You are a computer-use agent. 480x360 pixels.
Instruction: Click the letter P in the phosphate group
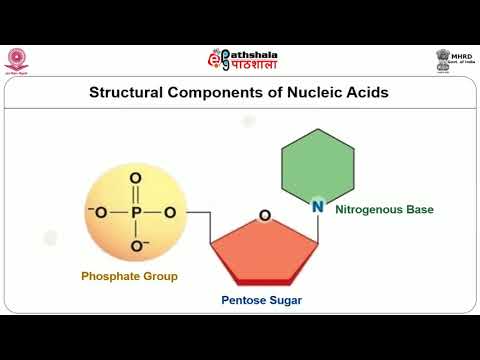pyautogui.click(x=135, y=212)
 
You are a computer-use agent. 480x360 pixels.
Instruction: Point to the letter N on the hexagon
pyautogui.click(x=317, y=207)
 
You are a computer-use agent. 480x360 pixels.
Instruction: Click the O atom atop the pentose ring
pyautogui.click(x=265, y=215)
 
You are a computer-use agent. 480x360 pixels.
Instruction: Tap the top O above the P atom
pyautogui.click(x=135, y=179)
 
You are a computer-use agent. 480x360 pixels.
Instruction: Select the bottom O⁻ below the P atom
pyautogui.click(x=138, y=246)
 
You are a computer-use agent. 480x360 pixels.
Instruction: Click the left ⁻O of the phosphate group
pyautogui.click(x=96, y=212)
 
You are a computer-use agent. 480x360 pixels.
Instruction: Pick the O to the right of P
pyautogui.click(x=170, y=212)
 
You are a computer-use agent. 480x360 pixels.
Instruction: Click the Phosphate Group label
pyautogui.click(x=129, y=276)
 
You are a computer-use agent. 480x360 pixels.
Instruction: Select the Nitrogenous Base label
pyautogui.click(x=383, y=210)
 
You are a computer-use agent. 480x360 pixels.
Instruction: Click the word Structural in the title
pyautogui.click(x=128, y=93)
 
